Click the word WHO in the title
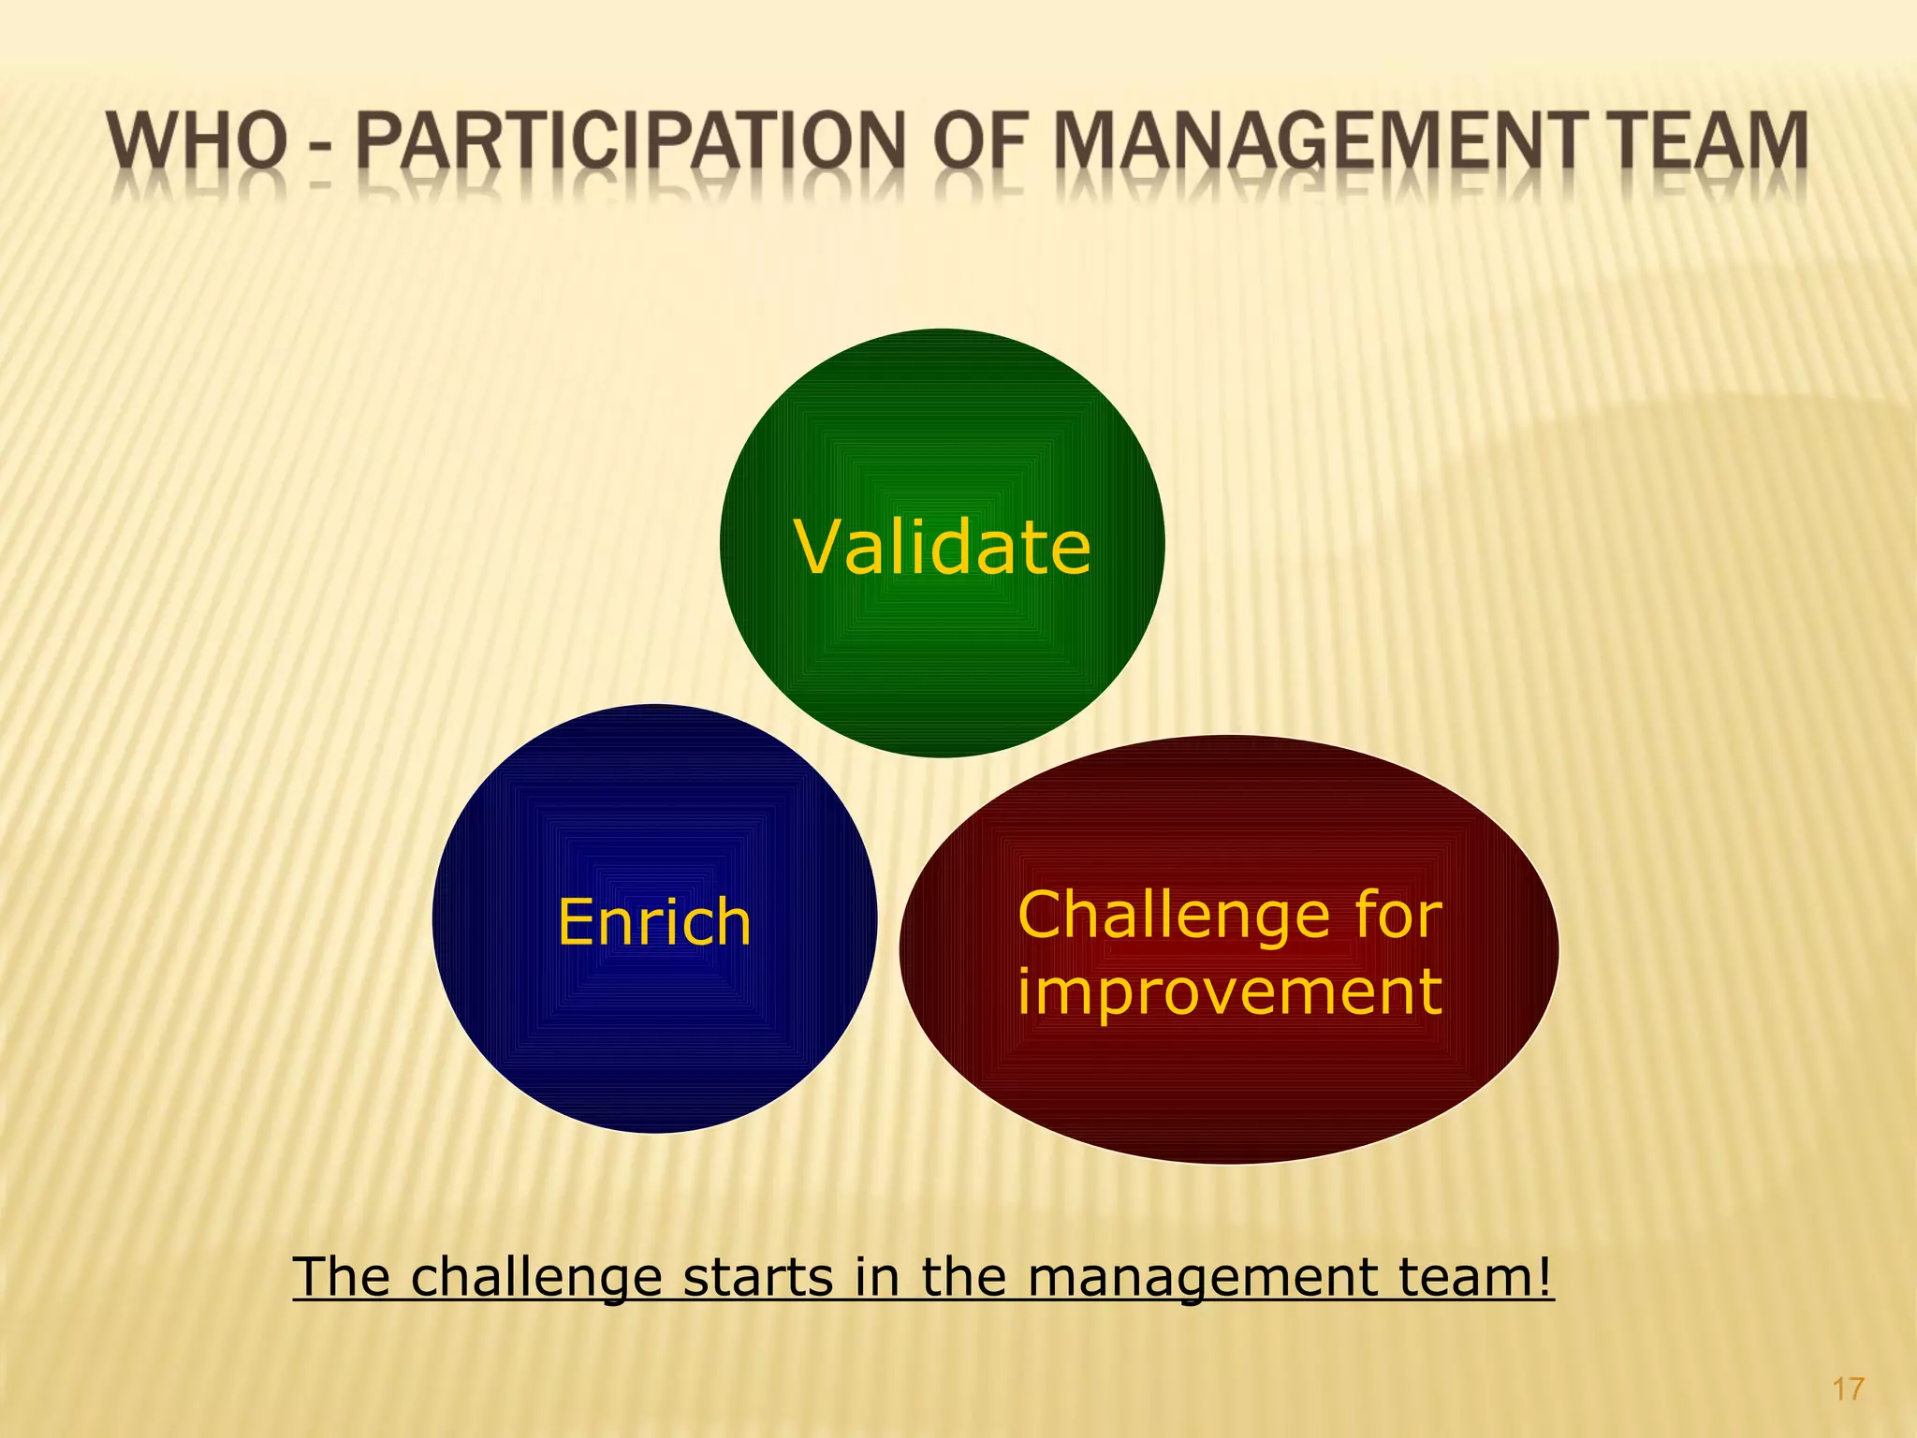tap(197, 141)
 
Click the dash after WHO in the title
tap(321, 150)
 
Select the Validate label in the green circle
tap(943, 547)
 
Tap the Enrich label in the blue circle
tap(654, 922)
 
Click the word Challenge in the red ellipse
tap(1171, 915)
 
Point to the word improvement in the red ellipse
tap(1229, 991)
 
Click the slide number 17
tap(1848, 1388)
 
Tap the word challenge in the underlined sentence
tap(537, 1278)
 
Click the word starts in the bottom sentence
tap(757, 1277)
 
